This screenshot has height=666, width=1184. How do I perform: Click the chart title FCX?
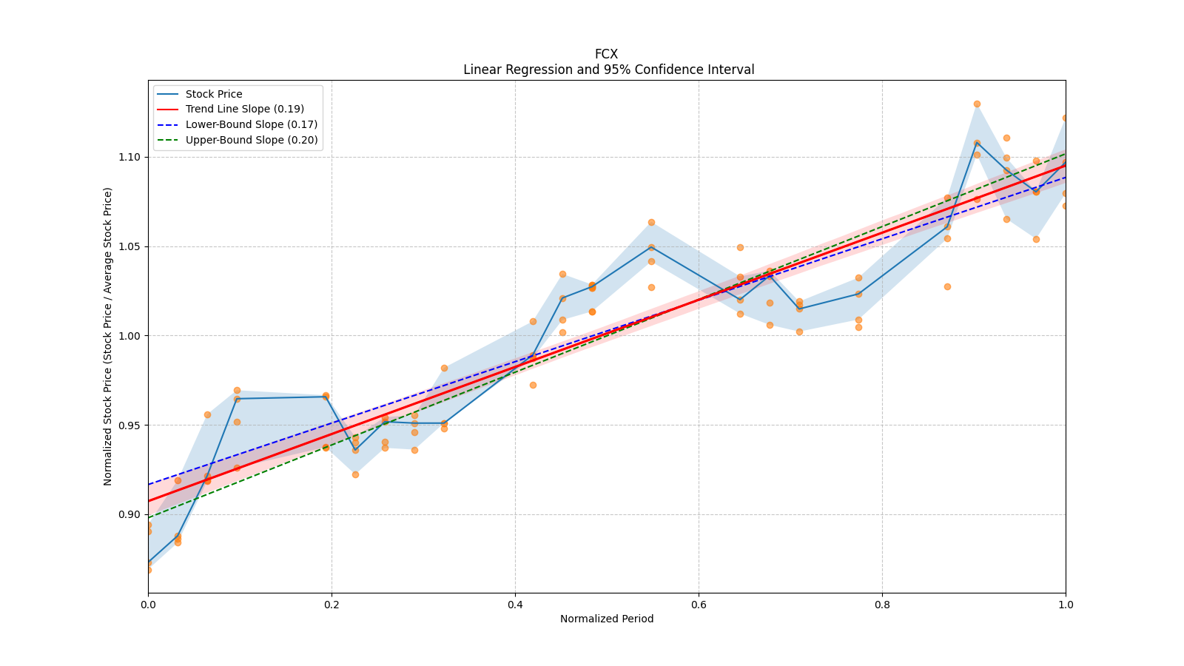click(606, 54)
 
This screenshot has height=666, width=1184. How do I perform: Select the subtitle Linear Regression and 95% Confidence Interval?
click(608, 70)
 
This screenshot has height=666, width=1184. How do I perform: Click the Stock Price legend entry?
click(213, 94)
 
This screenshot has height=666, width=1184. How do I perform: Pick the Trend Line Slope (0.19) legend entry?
click(244, 110)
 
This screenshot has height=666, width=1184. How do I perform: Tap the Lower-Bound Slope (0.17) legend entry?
click(251, 124)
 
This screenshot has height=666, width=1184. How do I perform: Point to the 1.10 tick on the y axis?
click(130, 157)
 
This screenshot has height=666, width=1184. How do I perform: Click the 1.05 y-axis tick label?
click(130, 246)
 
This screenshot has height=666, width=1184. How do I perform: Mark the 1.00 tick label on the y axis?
click(130, 336)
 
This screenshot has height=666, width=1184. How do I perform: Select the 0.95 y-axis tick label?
click(130, 425)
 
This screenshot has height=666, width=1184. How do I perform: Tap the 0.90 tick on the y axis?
click(130, 514)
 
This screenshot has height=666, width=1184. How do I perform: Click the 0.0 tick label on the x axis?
click(148, 605)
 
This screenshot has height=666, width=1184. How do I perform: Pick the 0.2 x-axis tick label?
click(332, 605)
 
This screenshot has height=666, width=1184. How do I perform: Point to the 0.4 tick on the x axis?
click(515, 605)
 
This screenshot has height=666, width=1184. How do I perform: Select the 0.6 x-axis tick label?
click(699, 605)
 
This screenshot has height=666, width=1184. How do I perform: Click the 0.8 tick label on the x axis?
click(882, 605)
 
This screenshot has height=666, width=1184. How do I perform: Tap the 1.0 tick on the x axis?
click(1066, 605)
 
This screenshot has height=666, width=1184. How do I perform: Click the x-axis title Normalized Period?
click(607, 619)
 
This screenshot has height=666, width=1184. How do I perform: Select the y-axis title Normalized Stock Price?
click(108, 336)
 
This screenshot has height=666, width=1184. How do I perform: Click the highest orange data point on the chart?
click(977, 104)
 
